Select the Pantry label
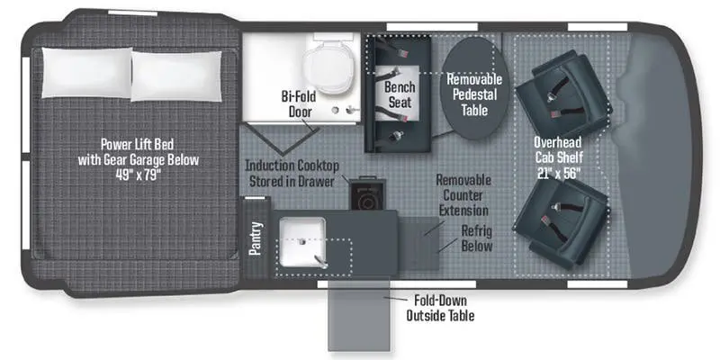point(256,238)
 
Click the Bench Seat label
point(399,95)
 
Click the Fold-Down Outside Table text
point(440,308)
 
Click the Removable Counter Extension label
point(463,195)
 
